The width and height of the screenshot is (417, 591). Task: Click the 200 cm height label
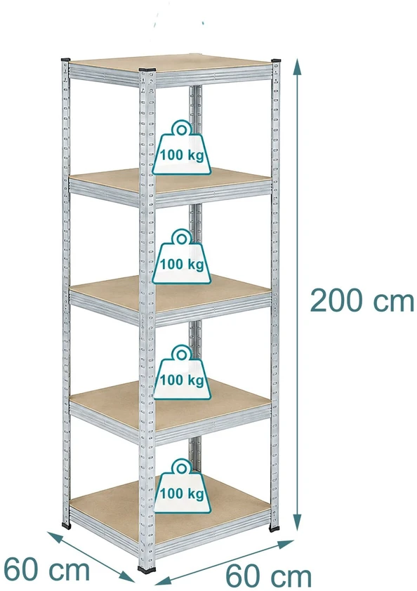(362, 300)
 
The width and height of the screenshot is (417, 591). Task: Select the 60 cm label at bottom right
(268, 576)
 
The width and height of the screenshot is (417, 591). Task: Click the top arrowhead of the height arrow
(298, 66)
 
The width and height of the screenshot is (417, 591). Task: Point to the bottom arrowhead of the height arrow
(298, 522)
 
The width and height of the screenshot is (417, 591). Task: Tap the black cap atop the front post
(147, 69)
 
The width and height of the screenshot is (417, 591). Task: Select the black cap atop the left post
(65, 60)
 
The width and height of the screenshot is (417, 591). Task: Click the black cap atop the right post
(277, 60)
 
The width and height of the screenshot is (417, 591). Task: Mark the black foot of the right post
(274, 529)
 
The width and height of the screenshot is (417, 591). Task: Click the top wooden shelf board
(170, 63)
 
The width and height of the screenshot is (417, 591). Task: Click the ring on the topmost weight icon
(182, 130)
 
